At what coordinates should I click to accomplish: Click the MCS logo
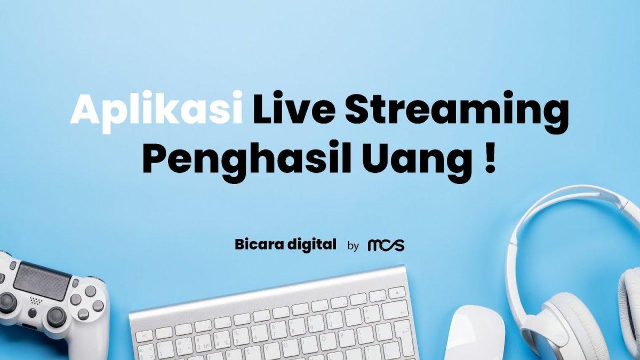386,245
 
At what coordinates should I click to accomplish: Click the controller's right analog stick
56,317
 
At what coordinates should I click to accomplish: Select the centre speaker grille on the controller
36,300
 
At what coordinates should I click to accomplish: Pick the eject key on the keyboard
396,292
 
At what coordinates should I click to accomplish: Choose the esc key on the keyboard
144,336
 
